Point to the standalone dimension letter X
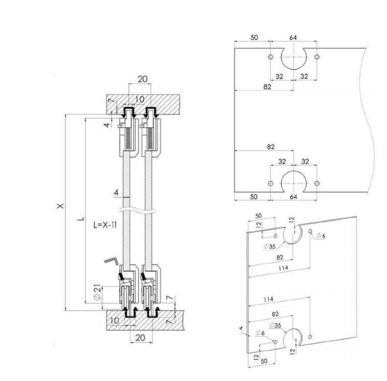pos(60,206)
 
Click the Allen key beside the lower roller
pos(112,261)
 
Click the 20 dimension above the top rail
pos(142,79)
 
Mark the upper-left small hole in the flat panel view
pos(271,57)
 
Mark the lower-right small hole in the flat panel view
pos(317,183)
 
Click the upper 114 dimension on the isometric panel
pos(283,268)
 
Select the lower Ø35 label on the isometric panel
pos(275,325)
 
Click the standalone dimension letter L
pos(80,219)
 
